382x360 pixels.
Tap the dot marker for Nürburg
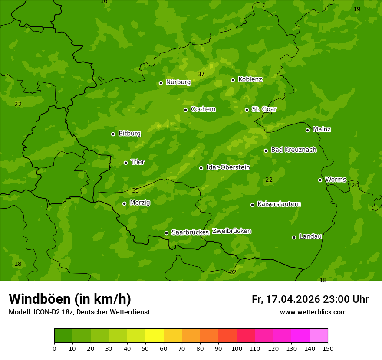[x=161, y=83]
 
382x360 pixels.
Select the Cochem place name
[x=203, y=109]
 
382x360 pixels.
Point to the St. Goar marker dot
[x=247, y=110]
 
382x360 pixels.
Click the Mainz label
[x=322, y=129]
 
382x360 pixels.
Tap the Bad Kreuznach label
[x=293, y=150]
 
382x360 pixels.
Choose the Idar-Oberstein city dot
[x=201, y=168]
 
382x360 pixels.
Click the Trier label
[x=138, y=162]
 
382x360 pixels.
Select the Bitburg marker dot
[x=113, y=134]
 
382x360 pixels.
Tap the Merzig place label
[x=140, y=203]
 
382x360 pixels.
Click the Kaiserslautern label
[x=279, y=204]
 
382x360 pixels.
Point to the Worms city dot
[x=320, y=180]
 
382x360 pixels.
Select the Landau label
[x=310, y=236]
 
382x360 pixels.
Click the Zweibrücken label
[x=231, y=231]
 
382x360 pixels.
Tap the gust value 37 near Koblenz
[x=201, y=74]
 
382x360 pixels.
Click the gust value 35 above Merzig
[x=135, y=190]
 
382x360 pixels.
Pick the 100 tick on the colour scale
[x=237, y=348]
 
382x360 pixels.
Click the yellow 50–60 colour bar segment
[x=155, y=336]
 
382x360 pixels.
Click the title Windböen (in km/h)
[x=70, y=299]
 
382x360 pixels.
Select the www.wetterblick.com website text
[x=313, y=312]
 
